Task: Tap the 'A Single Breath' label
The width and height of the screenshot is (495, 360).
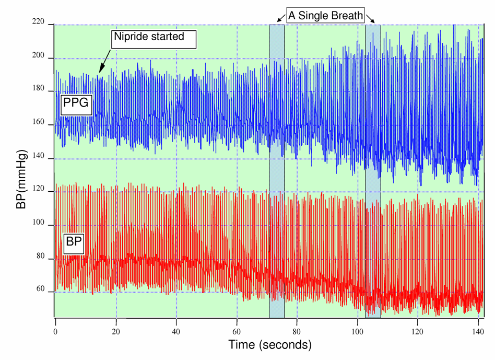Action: [325, 15]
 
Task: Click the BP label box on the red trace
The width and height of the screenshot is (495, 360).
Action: [74, 243]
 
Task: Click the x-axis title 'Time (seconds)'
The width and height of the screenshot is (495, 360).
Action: [269, 345]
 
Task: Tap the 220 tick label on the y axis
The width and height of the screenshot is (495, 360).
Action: [39, 25]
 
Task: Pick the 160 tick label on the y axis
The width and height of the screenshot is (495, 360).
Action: [39, 125]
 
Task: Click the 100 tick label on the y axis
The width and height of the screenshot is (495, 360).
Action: [39, 226]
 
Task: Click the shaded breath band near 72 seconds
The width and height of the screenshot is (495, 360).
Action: [277, 172]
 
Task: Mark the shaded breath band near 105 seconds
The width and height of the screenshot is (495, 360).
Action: [373, 172]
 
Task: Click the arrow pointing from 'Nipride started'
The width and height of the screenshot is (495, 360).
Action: [104, 60]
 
